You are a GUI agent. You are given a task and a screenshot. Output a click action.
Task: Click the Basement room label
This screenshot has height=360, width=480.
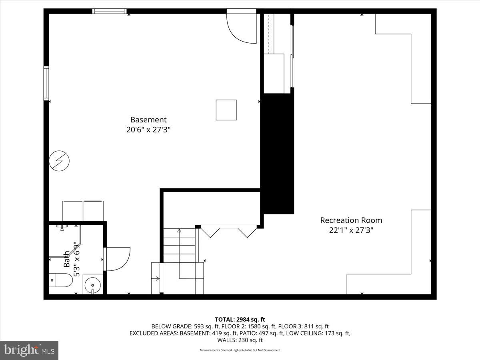tap(148, 120)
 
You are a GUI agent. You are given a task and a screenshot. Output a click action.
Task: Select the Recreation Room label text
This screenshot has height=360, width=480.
tap(351, 220)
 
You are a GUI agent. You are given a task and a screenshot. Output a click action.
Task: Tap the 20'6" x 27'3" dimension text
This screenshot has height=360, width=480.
tap(148, 130)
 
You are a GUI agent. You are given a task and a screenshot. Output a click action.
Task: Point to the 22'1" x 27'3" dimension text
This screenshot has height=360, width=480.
tap(351, 230)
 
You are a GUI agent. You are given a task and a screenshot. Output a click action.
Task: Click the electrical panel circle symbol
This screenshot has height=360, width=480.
tap(59, 161)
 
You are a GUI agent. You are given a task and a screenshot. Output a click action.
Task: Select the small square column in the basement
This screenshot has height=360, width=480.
tap(226, 110)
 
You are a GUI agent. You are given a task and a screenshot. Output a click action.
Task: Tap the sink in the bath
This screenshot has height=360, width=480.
tap(93, 285)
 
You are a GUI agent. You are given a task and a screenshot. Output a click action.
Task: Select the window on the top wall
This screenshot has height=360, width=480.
tap(109, 11)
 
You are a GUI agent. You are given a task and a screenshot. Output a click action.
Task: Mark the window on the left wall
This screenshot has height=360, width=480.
tap(46, 83)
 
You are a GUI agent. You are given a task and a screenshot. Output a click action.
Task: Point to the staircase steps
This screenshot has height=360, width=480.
tap(179, 245)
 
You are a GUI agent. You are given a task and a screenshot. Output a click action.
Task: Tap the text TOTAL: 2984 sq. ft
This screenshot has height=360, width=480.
tap(240, 319)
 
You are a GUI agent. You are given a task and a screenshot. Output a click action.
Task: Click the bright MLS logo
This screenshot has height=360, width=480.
tap(29, 350)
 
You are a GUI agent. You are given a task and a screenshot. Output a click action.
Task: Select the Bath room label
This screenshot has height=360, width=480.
tap(67, 259)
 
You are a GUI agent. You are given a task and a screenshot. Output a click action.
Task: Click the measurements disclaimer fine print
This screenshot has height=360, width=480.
tap(240, 350)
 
